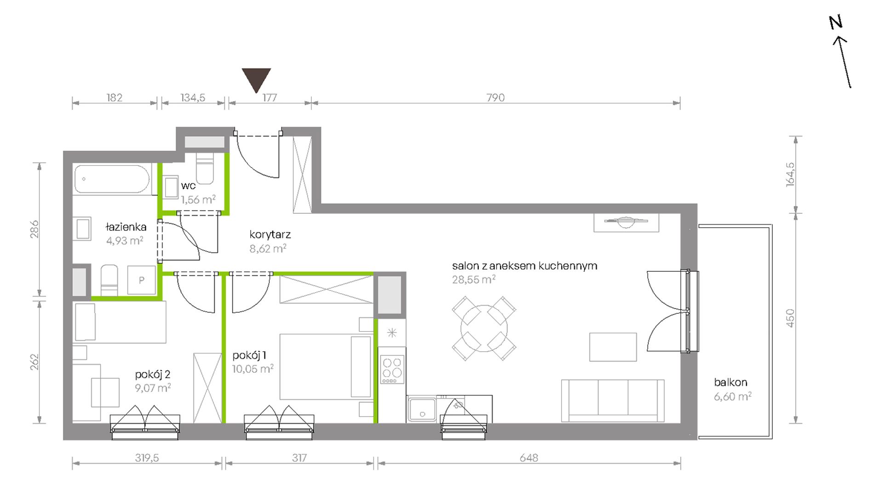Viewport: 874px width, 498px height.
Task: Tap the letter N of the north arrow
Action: pyautogui.click(x=836, y=23)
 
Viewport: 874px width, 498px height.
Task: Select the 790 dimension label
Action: pyautogui.click(x=495, y=97)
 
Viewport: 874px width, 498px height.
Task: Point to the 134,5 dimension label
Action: pyautogui.click(x=193, y=97)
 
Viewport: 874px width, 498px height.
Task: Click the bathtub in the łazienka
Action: pyautogui.click(x=112, y=179)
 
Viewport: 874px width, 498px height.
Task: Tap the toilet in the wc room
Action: pyautogui.click(x=205, y=168)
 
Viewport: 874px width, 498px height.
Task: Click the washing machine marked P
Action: pyautogui.click(x=141, y=280)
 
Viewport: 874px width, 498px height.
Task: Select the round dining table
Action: pyautogui.click(x=484, y=328)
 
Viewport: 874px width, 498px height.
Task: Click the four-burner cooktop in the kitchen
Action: pyautogui.click(x=392, y=369)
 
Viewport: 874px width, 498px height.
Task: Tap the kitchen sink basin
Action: pyautogui.click(x=422, y=409)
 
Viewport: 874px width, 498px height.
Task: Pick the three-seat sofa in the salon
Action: pyautogui.click(x=613, y=401)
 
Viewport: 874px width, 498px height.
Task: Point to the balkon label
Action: pyautogui.click(x=730, y=382)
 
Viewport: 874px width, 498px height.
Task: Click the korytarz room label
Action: pyautogui.click(x=270, y=235)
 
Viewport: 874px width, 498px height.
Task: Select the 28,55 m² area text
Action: pyautogui.click(x=474, y=280)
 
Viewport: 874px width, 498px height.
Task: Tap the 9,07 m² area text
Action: pyautogui.click(x=153, y=388)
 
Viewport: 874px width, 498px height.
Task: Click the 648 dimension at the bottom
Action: pyautogui.click(x=529, y=458)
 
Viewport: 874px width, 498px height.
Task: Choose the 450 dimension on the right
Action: pyautogui.click(x=790, y=318)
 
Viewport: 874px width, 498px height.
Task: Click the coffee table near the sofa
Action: pyautogui.click(x=613, y=347)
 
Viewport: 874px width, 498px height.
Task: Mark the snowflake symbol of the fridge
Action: pyautogui.click(x=392, y=333)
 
